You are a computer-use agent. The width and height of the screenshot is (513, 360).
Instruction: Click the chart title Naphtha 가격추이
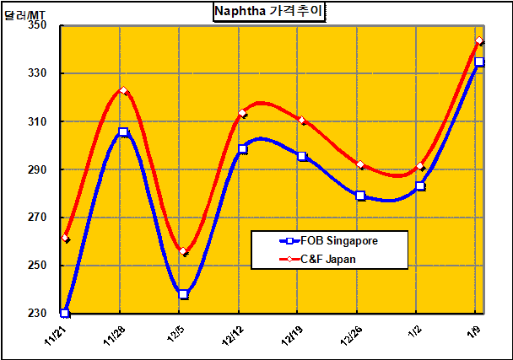(268, 12)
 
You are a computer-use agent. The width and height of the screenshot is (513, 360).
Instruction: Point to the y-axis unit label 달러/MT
(25, 14)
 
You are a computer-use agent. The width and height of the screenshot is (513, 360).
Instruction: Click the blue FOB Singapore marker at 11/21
(65, 313)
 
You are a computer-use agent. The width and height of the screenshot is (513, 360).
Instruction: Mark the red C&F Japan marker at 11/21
(65, 238)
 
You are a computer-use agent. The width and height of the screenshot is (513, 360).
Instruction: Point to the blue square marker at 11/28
(123, 132)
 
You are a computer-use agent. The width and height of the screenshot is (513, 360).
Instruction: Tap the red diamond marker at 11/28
(123, 91)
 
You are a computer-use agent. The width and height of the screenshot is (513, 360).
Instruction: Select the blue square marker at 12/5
(183, 294)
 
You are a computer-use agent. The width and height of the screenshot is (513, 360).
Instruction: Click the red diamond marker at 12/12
(242, 113)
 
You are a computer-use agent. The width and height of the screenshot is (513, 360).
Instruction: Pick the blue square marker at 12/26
(360, 196)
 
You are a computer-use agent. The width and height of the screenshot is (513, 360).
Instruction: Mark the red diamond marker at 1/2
(420, 166)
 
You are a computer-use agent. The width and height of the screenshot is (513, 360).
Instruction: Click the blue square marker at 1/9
(479, 62)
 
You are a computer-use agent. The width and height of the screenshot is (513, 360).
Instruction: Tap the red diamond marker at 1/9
(479, 41)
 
